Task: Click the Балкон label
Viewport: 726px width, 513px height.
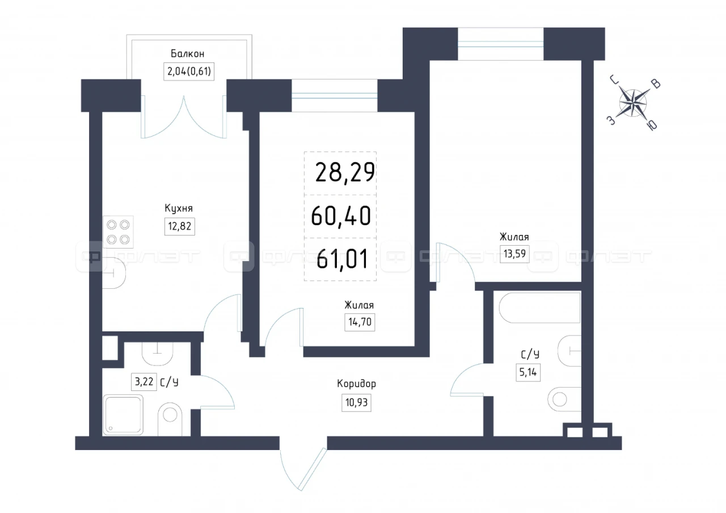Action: pos(187,53)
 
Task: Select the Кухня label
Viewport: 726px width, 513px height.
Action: pos(179,208)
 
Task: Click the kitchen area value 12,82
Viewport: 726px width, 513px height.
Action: pos(180,226)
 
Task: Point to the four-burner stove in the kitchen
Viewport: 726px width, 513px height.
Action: pos(119,232)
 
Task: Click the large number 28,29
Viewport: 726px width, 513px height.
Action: pos(345,173)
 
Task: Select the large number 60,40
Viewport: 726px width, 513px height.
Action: pos(341,216)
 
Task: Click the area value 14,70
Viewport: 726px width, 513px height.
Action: pos(360,322)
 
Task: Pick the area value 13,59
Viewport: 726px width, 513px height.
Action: pos(514,254)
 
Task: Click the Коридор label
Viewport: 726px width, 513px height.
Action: pos(357,384)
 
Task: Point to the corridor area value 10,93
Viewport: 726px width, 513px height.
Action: pos(357,403)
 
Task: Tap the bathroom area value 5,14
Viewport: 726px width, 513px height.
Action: pos(528,372)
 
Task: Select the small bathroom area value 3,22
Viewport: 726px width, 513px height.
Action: pos(144,382)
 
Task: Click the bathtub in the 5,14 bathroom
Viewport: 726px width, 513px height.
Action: pos(539,308)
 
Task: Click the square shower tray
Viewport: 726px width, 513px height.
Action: pos(123,415)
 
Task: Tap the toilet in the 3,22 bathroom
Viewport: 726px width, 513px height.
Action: pos(170,419)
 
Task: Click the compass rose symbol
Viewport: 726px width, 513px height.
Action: pos(633,103)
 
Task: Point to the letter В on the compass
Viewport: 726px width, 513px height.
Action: pos(656,84)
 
